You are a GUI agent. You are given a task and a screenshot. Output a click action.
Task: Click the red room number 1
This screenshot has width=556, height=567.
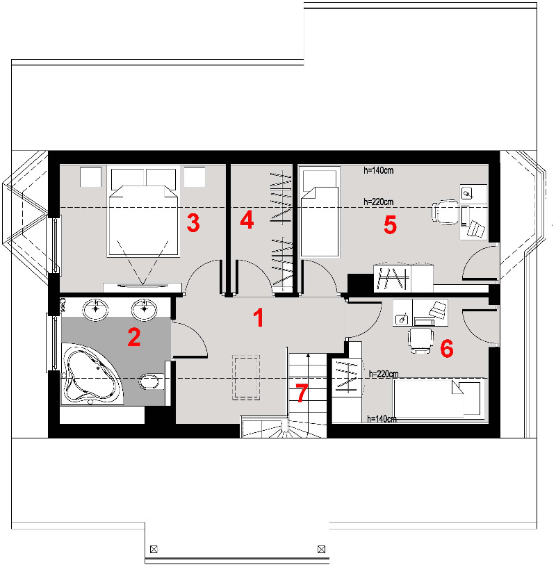(258, 318)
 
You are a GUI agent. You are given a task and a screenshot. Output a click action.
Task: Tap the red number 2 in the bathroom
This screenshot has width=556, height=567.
(134, 337)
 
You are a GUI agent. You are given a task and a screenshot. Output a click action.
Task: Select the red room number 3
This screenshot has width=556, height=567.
(193, 222)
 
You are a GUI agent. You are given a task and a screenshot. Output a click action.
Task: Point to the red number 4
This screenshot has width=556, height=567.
(247, 220)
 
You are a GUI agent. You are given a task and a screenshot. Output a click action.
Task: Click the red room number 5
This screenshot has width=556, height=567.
(390, 224)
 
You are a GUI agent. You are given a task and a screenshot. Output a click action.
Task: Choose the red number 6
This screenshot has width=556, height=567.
(447, 349)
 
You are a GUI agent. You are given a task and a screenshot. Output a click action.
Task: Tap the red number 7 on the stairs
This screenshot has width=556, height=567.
(302, 393)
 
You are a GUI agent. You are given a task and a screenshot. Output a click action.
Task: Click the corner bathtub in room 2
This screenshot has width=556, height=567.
(92, 374)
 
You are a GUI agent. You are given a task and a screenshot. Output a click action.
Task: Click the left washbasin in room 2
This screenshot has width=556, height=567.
(95, 310)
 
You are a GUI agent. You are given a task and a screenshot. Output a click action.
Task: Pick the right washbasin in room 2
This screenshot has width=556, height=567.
(144, 310)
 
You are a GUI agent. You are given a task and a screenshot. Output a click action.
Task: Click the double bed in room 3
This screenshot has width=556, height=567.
(144, 211)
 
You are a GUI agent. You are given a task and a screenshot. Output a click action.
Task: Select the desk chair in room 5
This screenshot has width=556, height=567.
(445, 212)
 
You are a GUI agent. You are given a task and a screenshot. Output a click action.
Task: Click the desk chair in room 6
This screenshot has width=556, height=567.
(420, 340)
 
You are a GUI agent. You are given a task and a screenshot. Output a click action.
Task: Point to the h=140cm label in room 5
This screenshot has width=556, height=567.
(378, 170)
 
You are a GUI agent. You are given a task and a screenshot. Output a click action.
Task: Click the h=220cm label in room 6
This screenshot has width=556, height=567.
(384, 374)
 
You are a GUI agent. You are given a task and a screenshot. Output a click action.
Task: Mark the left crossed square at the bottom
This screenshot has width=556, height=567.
(154, 549)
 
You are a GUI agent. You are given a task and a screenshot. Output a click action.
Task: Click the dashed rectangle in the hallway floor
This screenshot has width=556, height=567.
(246, 377)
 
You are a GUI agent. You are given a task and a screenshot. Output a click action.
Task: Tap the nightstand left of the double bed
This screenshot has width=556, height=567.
(90, 176)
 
